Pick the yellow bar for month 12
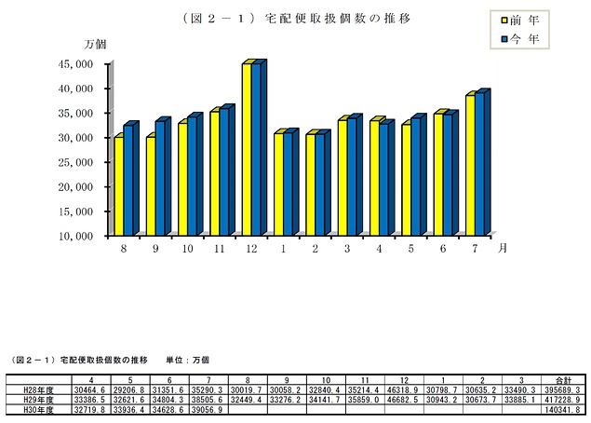248,149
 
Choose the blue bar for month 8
129,179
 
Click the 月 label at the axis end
503,248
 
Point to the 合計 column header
565,379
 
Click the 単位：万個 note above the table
188,359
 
